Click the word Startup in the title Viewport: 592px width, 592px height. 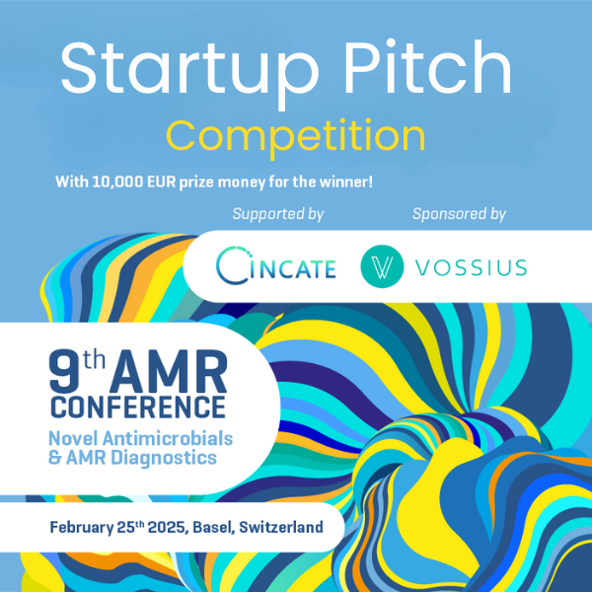click(x=189, y=71)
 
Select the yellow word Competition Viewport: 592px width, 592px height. click(x=296, y=137)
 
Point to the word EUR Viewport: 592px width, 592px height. click(x=162, y=182)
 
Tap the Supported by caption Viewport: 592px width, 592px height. click(x=278, y=214)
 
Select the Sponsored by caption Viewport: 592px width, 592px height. click(x=459, y=214)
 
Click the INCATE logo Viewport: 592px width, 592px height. click(x=276, y=265)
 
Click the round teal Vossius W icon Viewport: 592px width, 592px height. click(x=382, y=266)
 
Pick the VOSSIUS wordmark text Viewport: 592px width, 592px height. click(x=472, y=267)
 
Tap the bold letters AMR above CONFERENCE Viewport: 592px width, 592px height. click(x=169, y=372)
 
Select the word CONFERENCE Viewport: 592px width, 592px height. click(x=138, y=407)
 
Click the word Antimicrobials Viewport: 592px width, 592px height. click(x=168, y=439)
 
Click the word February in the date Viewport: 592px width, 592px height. click(x=82, y=528)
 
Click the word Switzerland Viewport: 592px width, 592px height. click(x=281, y=527)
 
